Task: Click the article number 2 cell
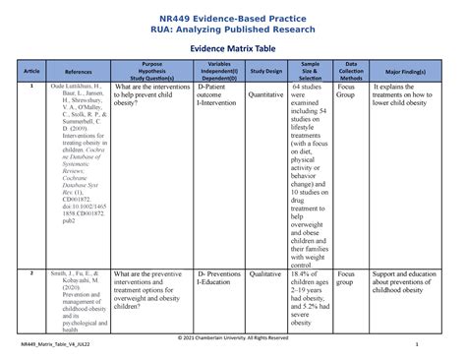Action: [31, 271]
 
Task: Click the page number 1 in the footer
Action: [417, 345]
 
